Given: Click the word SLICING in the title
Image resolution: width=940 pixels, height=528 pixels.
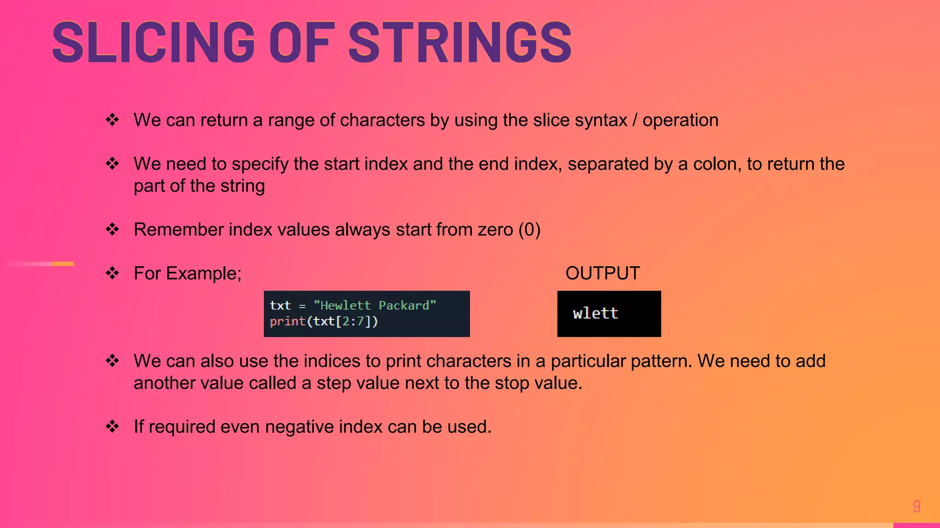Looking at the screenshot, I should (x=153, y=43).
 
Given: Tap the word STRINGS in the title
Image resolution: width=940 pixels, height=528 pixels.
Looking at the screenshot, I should (x=460, y=43).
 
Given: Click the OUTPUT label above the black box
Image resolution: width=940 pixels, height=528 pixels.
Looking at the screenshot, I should (x=602, y=274).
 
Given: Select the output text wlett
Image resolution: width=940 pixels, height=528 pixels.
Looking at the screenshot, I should (x=595, y=313).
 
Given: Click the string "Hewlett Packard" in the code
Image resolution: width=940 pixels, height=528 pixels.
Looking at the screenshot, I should (x=375, y=306).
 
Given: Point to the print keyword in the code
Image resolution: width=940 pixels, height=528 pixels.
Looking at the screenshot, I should (x=287, y=322).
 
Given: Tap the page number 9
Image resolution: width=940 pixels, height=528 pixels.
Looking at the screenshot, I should (x=917, y=506).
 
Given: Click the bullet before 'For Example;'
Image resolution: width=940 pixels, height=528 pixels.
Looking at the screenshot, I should (x=112, y=274).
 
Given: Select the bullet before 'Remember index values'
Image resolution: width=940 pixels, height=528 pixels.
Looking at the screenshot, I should (x=112, y=230).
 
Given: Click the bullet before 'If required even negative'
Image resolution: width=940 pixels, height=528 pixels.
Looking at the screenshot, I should (x=112, y=427).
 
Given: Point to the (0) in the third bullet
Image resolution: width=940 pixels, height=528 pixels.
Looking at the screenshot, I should (x=529, y=230).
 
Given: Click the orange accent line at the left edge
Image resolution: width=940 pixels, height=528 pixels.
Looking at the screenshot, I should (x=62, y=264).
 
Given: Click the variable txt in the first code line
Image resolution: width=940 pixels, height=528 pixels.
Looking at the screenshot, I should (x=280, y=306).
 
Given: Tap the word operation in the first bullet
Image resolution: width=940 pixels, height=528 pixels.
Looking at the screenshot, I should (x=680, y=121).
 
